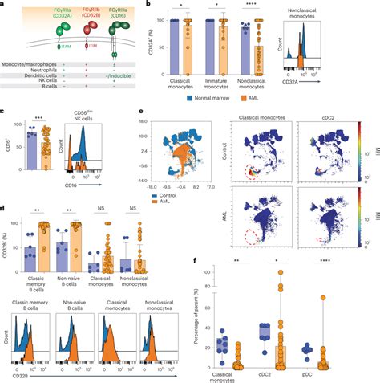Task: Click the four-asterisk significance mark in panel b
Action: (255, 8)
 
